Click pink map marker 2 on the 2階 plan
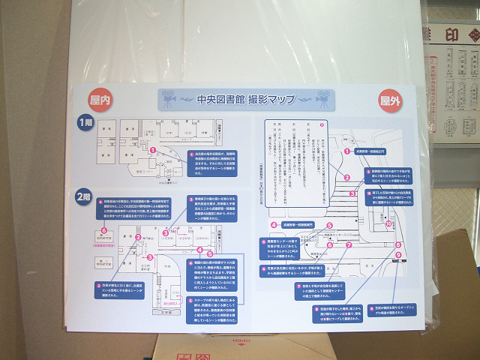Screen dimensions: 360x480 138,238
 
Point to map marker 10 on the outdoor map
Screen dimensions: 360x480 388,223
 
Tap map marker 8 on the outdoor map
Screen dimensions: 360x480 397,244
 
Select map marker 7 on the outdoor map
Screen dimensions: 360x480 348,244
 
